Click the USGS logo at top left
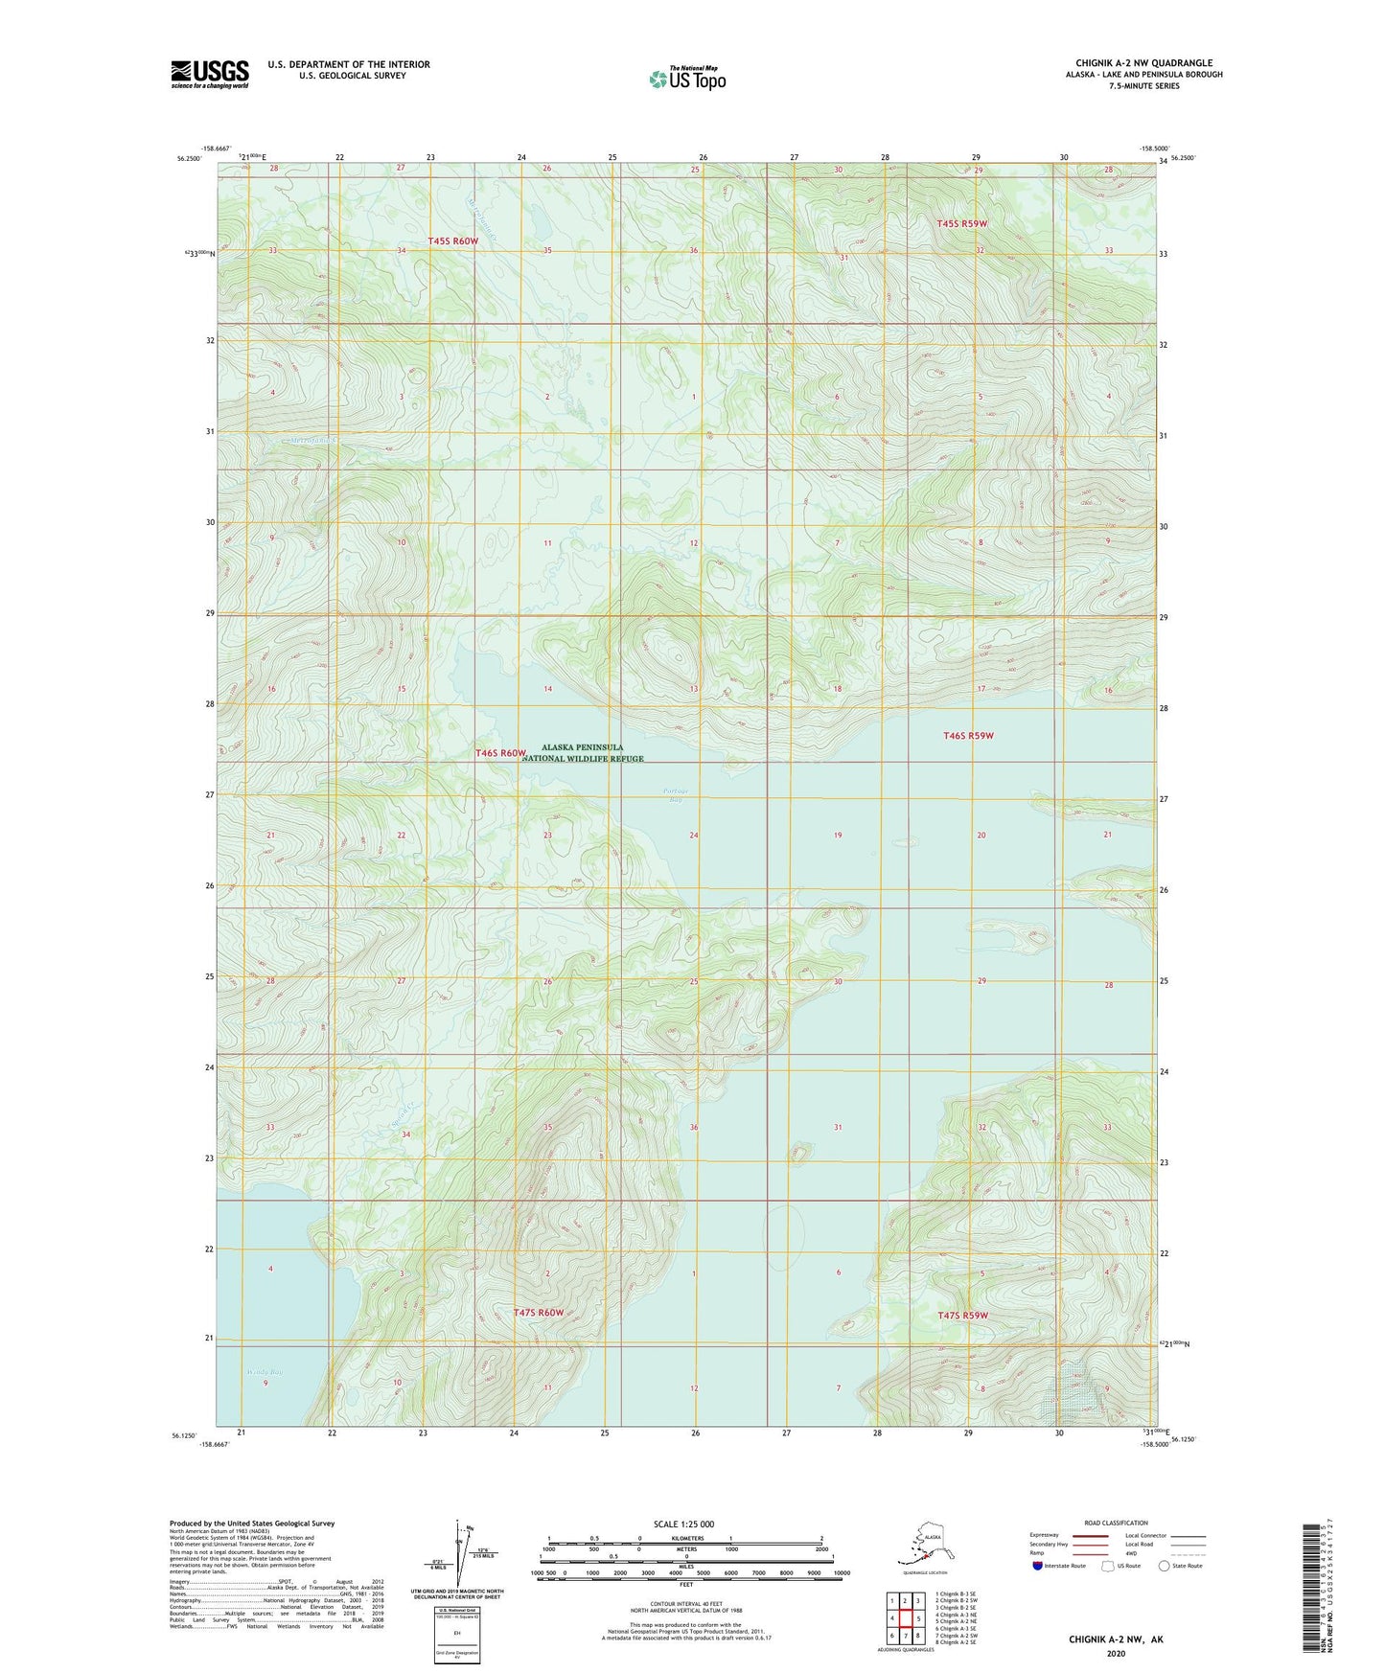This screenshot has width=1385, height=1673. pyautogui.click(x=209, y=73)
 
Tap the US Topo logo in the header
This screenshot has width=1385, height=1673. pyautogui.click(x=687, y=79)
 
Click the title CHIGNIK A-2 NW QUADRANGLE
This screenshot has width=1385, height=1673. pyautogui.click(x=1143, y=63)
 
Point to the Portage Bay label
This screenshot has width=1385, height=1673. pyautogui.click(x=675, y=794)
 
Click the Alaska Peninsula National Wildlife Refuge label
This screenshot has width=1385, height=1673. pyautogui.click(x=583, y=752)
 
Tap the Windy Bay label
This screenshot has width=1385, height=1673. pyautogui.click(x=265, y=1372)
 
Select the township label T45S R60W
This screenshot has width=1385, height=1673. pyautogui.click(x=452, y=241)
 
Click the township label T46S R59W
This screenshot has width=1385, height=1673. pyautogui.click(x=968, y=736)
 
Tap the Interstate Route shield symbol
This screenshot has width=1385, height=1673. pyautogui.click(x=1038, y=1566)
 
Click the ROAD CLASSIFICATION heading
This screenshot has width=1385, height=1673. pyautogui.click(x=1116, y=1523)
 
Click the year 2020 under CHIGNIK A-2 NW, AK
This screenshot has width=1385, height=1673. pyautogui.click(x=1116, y=1653)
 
